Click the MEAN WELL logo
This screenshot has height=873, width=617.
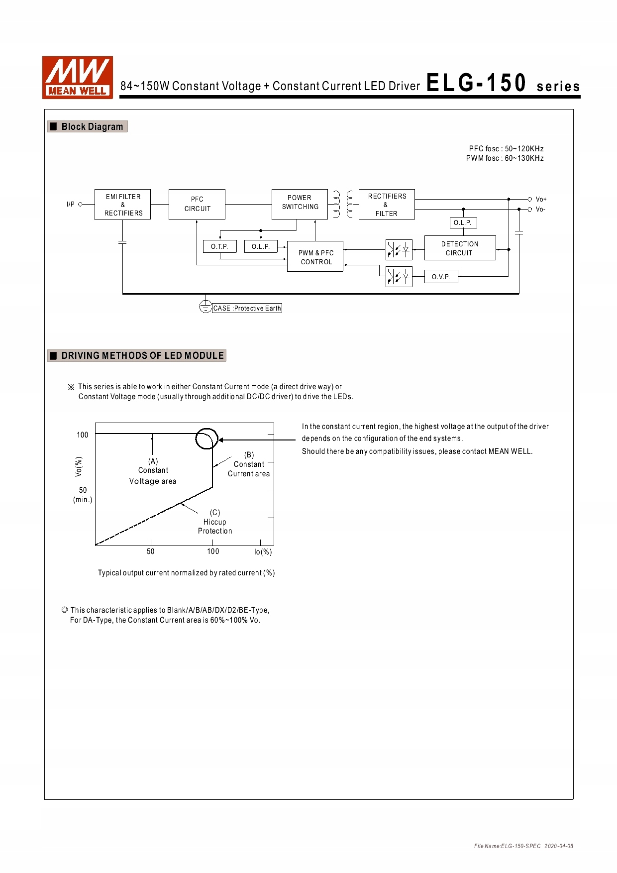coord(78,78)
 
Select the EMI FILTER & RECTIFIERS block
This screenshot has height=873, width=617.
coord(122,205)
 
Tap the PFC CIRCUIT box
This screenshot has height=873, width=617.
coord(197,204)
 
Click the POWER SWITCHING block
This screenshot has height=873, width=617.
coord(300,204)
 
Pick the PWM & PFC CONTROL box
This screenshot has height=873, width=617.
coord(315,257)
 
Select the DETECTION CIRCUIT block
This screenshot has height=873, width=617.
coord(460,248)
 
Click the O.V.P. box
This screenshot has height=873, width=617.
coord(441,277)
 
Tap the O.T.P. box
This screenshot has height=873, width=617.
coord(219,246)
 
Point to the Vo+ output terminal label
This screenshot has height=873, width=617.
coord(541,199)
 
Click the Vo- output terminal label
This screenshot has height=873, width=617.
coord(540,210)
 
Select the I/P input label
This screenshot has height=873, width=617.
coord(71,204)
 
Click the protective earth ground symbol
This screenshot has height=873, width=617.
coord(205,307)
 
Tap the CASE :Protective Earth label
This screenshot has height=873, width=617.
coord(247,308)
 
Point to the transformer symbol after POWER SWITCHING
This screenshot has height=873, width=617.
coord(343,204)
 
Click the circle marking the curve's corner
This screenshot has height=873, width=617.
coord(206,438)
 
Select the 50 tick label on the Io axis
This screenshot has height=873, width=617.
coord(150,551)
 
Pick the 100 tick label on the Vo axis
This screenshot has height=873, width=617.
coord(82,435)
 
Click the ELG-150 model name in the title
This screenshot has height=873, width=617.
coord(476,83)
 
